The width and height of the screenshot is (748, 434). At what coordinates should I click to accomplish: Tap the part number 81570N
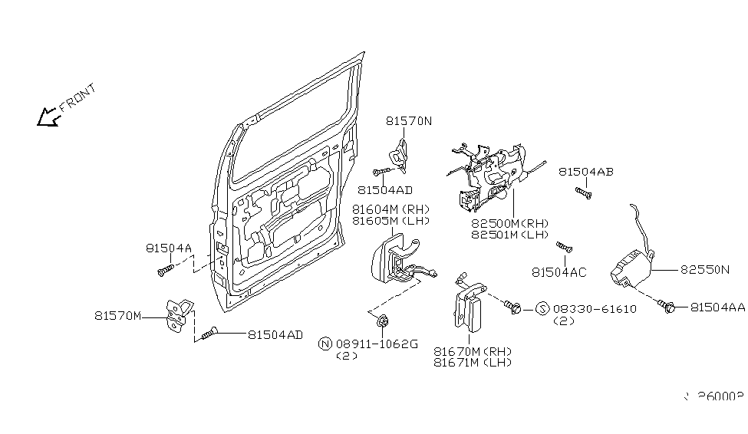tap(409, 121)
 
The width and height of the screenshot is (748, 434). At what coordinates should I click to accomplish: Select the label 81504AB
tap(585, 172)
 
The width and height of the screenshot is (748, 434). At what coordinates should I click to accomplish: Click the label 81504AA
tap(717, 307)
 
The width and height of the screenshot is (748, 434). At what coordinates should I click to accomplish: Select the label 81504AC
tap(559, 272)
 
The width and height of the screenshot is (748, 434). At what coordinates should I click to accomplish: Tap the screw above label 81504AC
tap(565, 247)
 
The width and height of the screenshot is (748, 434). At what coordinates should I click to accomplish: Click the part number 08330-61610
tap(595, 309)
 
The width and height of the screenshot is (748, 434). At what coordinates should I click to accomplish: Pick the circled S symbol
tap(542, 309)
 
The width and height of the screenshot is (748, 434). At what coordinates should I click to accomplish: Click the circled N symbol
tap(325, 344)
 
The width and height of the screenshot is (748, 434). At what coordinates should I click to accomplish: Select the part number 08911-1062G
tap(377, 344)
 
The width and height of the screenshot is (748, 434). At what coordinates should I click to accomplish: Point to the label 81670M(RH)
tap(472, 351)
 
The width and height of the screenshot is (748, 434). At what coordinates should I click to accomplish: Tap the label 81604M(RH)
tap(390, 209)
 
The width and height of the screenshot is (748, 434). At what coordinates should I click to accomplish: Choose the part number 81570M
tap(118, 315)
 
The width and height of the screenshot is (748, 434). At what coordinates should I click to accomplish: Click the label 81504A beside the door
tap(168, 248)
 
